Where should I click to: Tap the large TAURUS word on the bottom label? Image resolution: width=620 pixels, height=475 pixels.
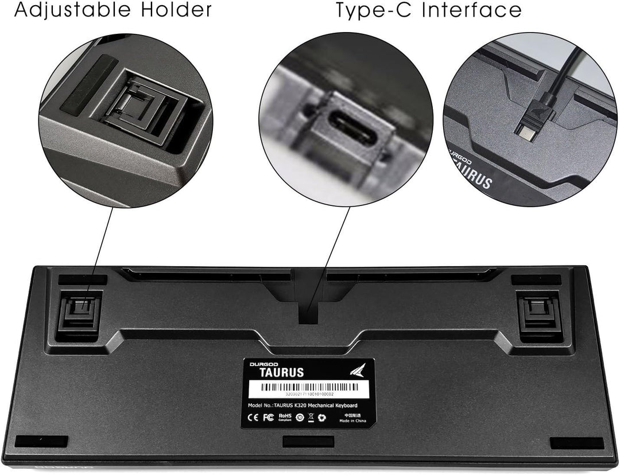277,372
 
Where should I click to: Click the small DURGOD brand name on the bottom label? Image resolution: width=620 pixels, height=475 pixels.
262,363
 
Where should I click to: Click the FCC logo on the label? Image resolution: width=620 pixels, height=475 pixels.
267,416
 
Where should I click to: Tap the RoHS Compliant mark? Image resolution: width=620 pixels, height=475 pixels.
284,416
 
